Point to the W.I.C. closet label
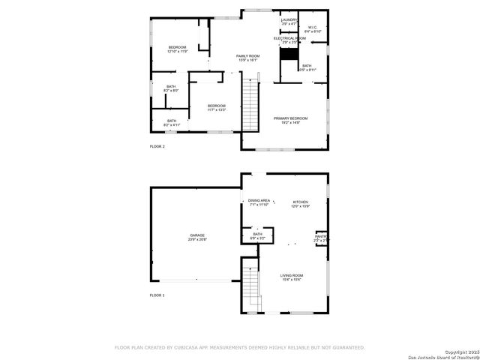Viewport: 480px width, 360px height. [313, 29]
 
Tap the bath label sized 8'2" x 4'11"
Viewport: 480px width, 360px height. [172, 122]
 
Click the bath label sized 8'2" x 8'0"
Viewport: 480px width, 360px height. [171, 88]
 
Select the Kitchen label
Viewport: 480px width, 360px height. [301, 203]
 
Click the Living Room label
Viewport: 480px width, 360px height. [292, 277]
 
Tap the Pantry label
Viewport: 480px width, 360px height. [320, 238]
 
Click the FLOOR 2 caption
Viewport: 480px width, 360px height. [157, 146]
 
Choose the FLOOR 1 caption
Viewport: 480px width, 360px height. [157, 295]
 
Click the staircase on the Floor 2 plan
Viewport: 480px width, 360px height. [250, 104]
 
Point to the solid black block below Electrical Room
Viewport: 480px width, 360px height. [289, 53]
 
